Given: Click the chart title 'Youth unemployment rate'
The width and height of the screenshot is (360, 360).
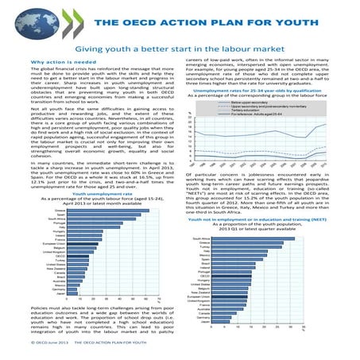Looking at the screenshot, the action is (89, 192).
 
